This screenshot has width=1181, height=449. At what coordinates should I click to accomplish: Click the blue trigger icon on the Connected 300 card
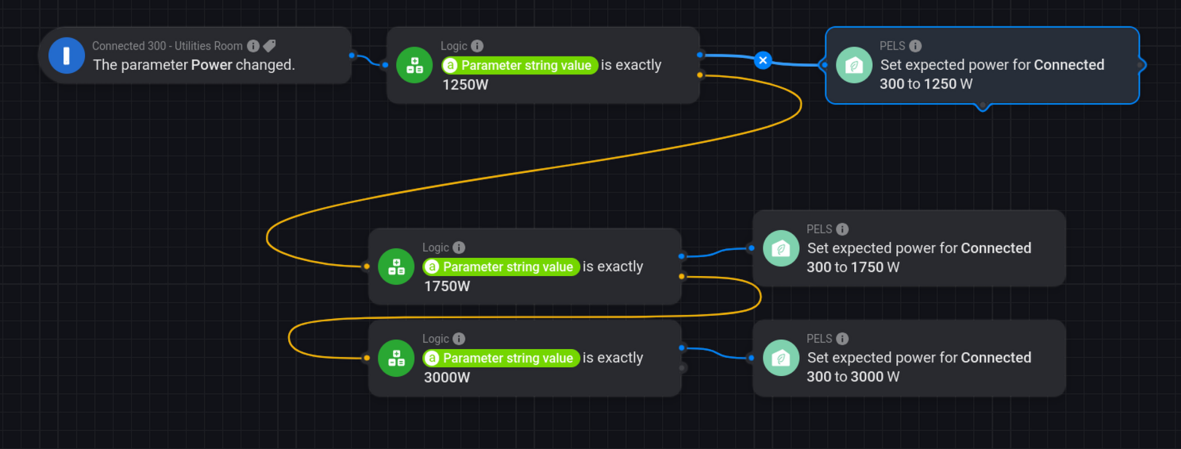coord(67,56)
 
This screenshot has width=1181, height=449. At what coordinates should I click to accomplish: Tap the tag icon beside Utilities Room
coord(270,46)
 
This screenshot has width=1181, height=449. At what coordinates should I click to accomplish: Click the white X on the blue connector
coord(763,59)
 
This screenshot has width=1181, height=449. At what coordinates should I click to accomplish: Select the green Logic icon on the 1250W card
coord(414,65)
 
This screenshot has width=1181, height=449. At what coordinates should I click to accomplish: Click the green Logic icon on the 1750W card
coord(396,267)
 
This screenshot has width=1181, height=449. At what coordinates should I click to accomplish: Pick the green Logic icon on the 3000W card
coord(396,358)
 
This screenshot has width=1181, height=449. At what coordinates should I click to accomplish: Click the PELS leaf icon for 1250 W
coord(855,65)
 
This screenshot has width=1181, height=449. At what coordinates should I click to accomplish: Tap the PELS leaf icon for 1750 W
coord(782,248)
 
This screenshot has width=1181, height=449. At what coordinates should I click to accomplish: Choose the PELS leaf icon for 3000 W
coord(782,358)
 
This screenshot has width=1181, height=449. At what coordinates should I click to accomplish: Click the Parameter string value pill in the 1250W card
coord(520,65)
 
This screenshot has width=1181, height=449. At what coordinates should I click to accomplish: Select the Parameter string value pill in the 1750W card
coord(502,267)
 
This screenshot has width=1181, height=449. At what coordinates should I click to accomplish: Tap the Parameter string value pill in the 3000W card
coord(502,358)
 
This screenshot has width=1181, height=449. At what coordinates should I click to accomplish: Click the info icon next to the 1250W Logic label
coord(477,46)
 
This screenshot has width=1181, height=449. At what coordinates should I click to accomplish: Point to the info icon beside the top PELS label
coord(915,46)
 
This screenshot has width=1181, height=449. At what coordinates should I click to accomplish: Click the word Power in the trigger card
coord(212,65)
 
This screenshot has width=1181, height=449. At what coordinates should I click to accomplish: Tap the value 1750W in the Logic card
coord(447,286)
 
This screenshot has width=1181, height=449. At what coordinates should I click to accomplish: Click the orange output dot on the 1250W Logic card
coord(699,75)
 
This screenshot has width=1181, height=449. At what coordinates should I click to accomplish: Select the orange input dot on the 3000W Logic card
coord(366,358)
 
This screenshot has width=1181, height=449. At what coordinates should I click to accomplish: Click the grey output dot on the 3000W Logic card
coord(683,367)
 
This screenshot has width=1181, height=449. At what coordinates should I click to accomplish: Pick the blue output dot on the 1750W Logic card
coord(683,256)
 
